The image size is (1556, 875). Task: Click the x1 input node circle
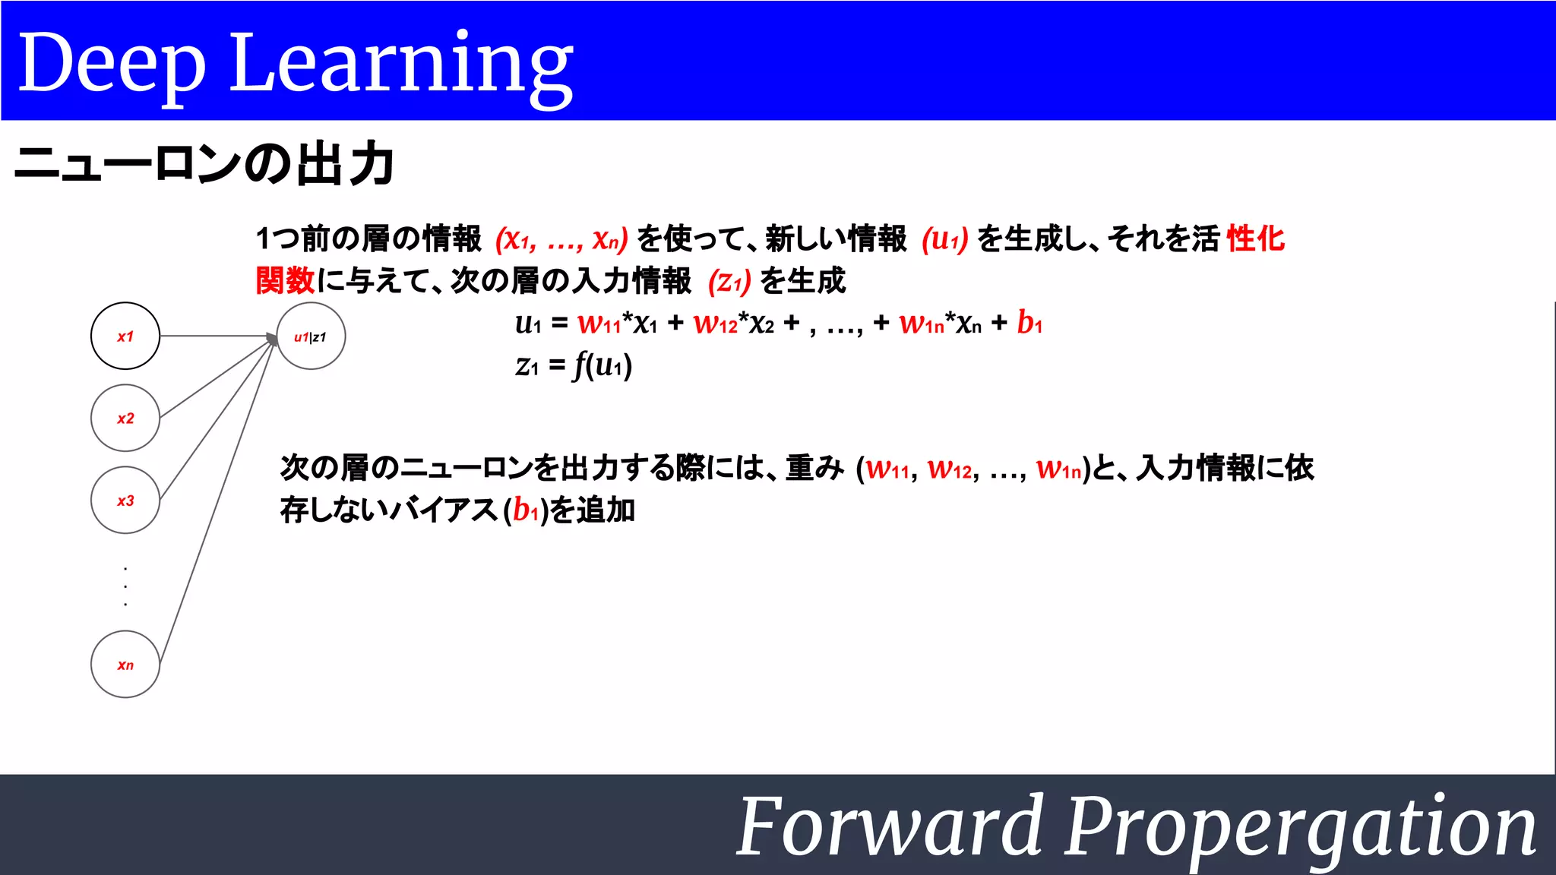tap(125, 336)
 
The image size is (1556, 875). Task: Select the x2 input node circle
tap(125, 418)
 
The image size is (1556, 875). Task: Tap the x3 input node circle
tap(125, 500)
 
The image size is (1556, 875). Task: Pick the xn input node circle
tap(125, 665)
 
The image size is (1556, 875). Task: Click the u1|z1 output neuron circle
tap(311, 336)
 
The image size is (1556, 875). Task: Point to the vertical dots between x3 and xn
tap(125, 586)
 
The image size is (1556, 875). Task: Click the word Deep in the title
tap(112, 65)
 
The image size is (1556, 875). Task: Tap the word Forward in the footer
tap(890, 826)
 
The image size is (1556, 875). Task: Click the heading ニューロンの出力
tap(204, 164)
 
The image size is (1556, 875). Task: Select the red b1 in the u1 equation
tap(1029, 322)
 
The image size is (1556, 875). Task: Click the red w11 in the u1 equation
tap(599, 323)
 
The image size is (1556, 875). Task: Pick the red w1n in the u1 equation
tap(921, 323)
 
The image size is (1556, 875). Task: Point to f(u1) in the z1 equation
tap(603, 365)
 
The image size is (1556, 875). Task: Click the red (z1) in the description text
tap(729, 282)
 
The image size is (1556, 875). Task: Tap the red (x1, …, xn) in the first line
tap(561, 239)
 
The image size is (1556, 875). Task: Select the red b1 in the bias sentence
tap(525, 510)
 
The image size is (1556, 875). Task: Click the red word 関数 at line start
tap(285, 280)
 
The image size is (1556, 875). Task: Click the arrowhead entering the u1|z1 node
tap(271, 338)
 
